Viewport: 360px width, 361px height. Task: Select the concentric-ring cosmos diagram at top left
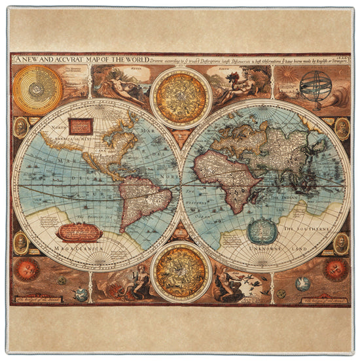click(37, 86)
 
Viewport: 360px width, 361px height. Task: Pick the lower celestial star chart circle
click(181, 271)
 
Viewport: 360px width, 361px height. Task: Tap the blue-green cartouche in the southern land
click(263, 230)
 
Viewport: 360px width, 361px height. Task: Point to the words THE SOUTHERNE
click(306, 228)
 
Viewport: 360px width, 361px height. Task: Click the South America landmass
click(141, 197)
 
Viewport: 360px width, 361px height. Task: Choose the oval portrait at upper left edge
click(21, 127)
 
